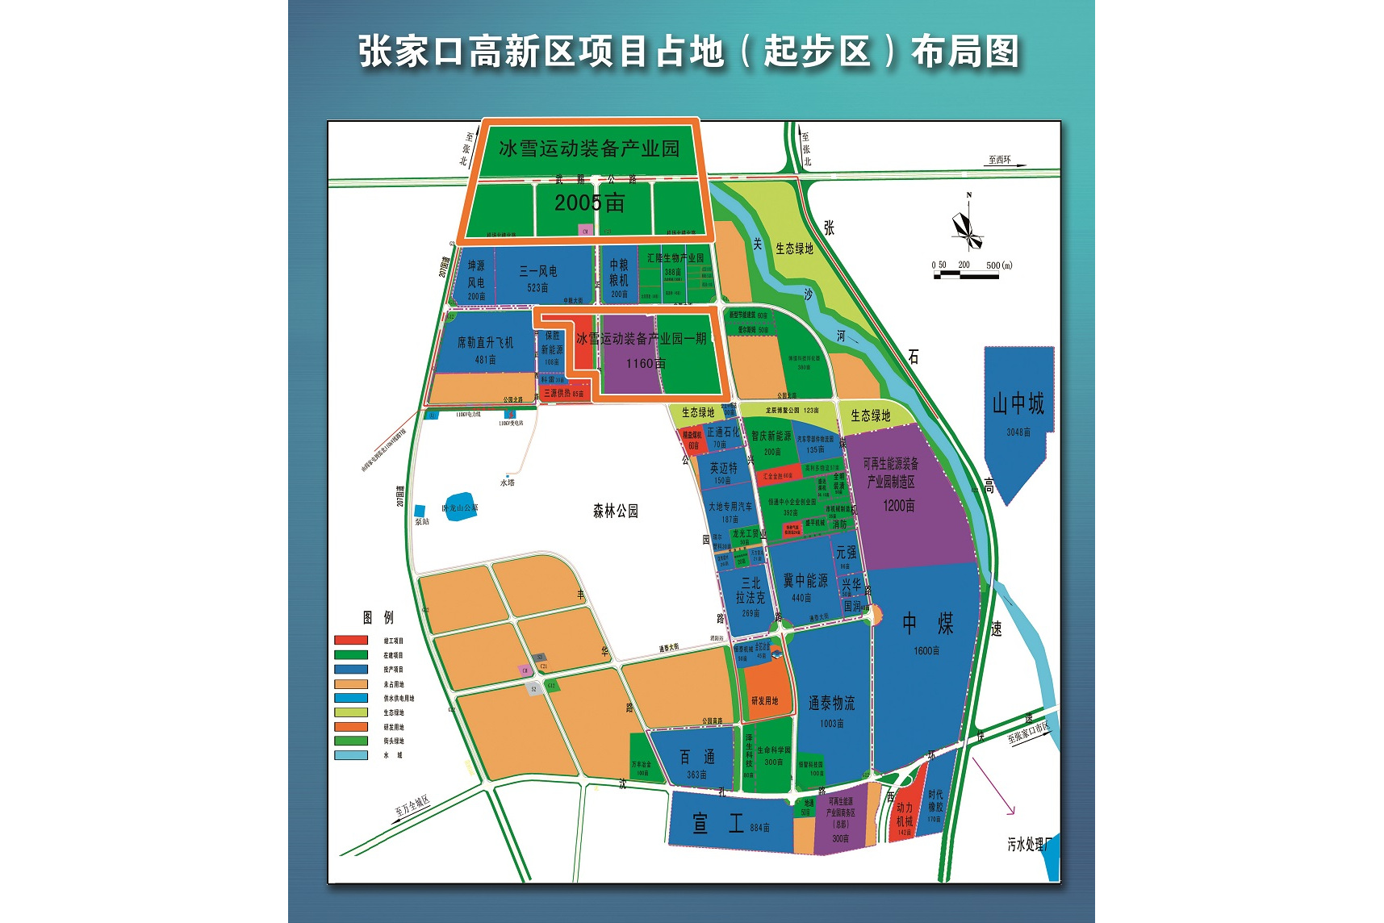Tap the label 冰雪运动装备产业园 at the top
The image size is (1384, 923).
point(588,148)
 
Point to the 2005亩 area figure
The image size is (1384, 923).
point(589,203)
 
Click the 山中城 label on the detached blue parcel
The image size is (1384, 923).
point(1018,403)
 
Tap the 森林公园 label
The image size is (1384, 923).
point(615,511)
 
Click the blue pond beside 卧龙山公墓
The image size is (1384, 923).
point(460,507)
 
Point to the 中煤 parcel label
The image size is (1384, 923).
point(927,623)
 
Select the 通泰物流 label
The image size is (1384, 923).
point(831,703)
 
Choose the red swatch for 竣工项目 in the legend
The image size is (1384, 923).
point(351,641)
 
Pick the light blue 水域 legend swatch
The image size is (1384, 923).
point(351,756)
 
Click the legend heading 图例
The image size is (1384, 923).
point(378,617)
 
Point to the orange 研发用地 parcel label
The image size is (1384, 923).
point(764,700)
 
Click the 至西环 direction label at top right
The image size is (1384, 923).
point(999,160)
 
